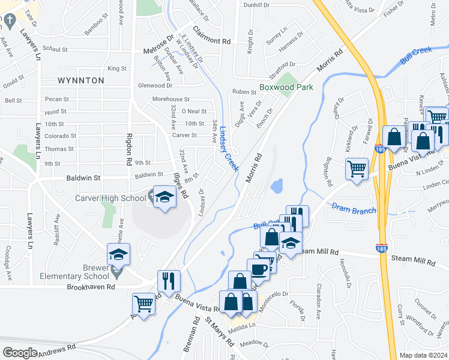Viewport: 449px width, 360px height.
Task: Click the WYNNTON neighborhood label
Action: point(81,80)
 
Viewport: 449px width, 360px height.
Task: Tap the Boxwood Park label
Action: point(286,87)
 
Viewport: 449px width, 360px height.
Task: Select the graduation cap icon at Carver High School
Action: point(163,197)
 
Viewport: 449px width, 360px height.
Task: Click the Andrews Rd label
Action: point(58,349)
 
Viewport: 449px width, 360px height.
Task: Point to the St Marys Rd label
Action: point(219,332)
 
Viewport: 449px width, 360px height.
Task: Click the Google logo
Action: point(20,352)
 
